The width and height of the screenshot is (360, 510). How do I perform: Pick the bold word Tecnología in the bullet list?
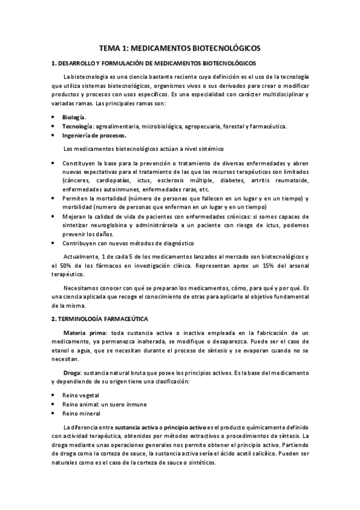[77, 126]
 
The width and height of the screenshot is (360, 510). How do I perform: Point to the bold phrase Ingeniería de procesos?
[94, 135]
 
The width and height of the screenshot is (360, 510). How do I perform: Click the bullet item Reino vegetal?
[82, 396]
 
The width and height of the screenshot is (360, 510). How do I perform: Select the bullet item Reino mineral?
[82, 414]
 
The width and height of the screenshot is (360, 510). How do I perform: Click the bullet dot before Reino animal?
[53, 405]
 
